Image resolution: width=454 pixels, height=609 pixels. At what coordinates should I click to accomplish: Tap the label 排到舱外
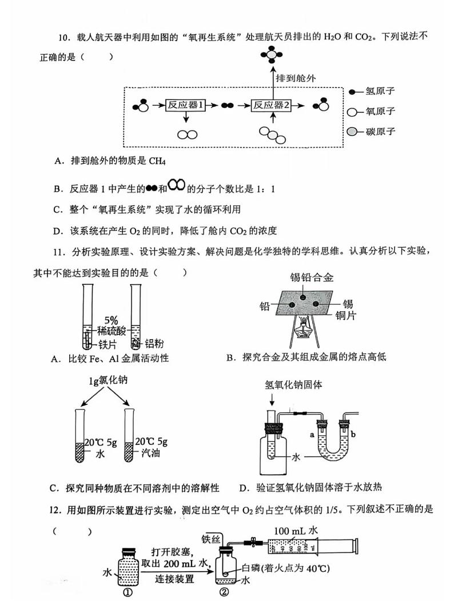[x=296, y=78]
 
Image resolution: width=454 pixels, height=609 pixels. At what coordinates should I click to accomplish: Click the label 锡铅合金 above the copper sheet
[x=311, y=278]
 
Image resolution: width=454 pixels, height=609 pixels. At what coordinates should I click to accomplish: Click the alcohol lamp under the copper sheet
[x=304, y=329]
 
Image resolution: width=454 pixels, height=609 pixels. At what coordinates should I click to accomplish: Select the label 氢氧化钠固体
[x=293, y=384]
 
